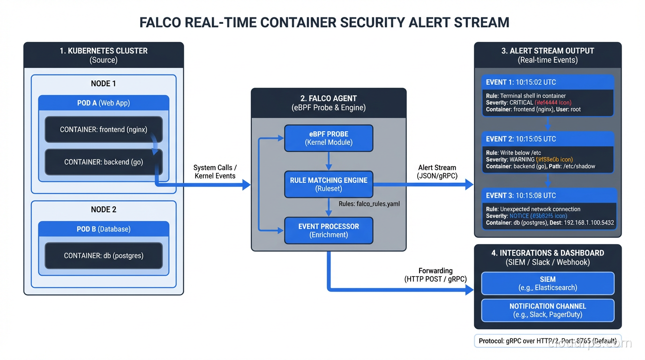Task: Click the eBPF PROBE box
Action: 328,138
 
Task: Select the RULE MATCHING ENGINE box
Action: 328,184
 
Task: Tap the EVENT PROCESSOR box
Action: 328,230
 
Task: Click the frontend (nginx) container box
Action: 104,129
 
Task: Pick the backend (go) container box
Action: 104,162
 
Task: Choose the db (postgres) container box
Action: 104,255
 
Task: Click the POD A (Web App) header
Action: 104,103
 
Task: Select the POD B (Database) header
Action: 104,229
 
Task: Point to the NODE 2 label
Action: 104,210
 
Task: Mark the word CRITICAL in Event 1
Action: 521,103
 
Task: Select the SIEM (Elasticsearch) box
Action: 547,283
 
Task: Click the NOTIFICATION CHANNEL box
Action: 547,310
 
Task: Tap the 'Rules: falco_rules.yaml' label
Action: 369,204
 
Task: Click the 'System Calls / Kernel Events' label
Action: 215,172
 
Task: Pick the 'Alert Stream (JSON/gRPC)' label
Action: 437,172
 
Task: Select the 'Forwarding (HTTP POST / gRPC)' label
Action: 435,275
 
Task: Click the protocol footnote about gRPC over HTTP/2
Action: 547,341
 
